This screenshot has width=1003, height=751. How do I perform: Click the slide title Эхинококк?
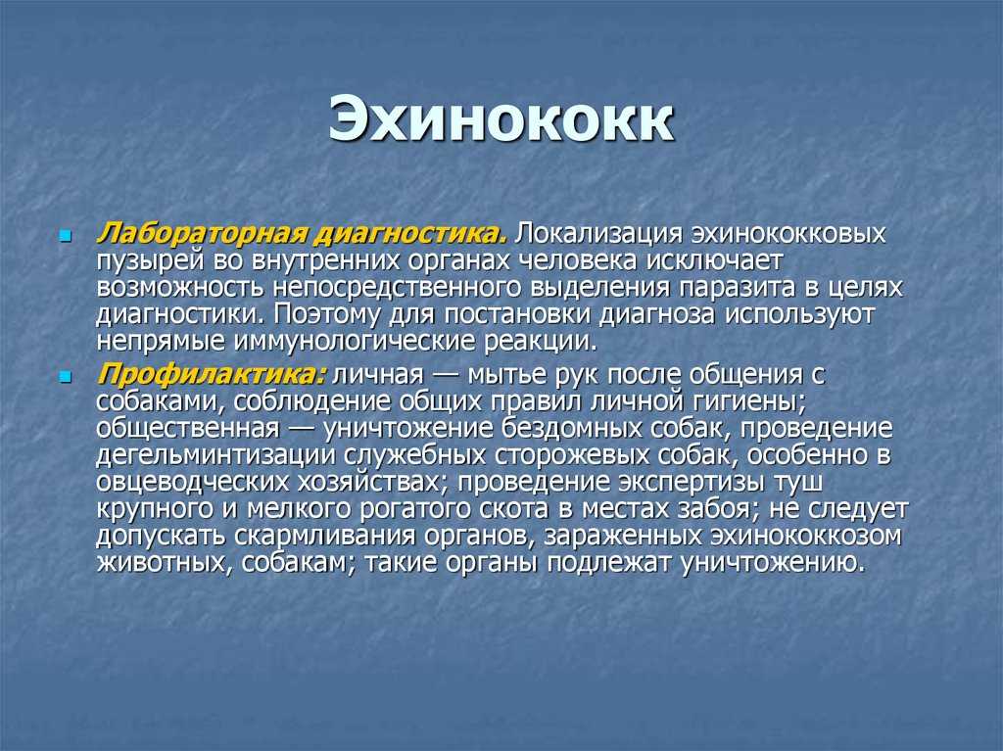pyautogui.click(x=501, y=119)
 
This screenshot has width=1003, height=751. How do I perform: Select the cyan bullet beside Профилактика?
pyautogui.click(x=65, y=377)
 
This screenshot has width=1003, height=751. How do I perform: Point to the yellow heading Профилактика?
pyautogui.click(x=212, y=375)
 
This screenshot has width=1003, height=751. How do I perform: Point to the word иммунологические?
pyautogui.click(x=355, y=343)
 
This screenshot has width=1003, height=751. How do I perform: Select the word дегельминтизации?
pyautogui.click(x=215, y=455)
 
